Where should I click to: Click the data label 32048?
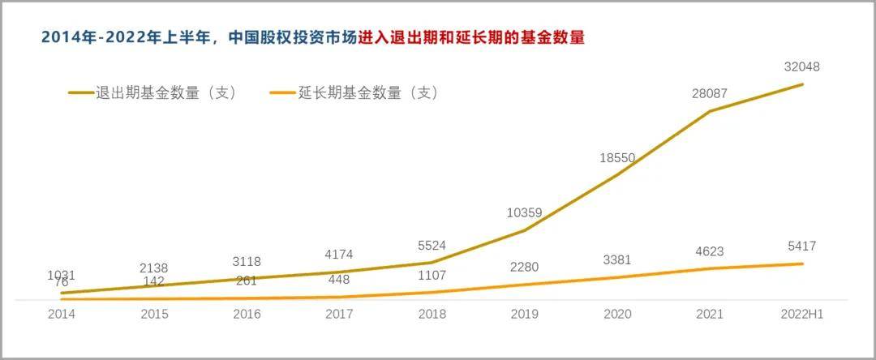coord(802,67)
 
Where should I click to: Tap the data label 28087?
coord(709,94)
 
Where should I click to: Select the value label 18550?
coord(617,158)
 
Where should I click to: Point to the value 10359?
coord(524,213)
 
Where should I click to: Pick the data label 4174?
coord(338,255)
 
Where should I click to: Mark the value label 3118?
coord(246,261)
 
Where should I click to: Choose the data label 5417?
coord(801,246)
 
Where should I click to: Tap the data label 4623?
coord(709,251)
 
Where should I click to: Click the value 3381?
coord(616,260)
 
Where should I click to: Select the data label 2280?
coord(524,268)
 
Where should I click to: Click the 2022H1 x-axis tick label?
coord(802,315)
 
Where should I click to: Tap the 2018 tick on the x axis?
coord(432,315)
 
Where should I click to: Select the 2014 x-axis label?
coord(61,315)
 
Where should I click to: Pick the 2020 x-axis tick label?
coord(616,315)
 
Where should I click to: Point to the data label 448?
coord(338,281)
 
